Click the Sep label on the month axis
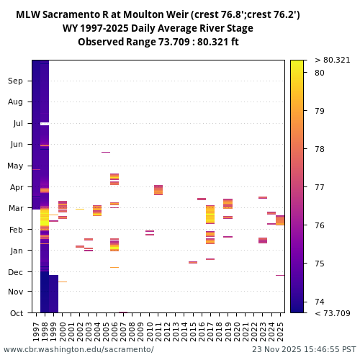16,81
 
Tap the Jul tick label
17,123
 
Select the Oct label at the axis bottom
16,312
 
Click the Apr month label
16,186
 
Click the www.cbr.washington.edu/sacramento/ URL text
78,349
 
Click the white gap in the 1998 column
45,124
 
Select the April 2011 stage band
158,190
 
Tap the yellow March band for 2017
210,215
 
